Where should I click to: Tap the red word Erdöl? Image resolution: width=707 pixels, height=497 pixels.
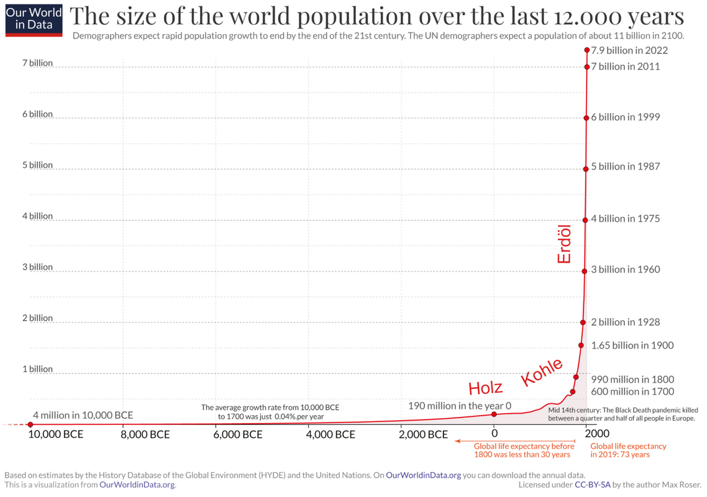pos(564,244)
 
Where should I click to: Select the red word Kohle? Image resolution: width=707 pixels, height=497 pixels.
pos(542,372)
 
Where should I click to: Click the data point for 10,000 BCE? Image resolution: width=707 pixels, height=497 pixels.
pos(30,424)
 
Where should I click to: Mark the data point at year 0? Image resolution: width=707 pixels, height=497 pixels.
pos(494,414)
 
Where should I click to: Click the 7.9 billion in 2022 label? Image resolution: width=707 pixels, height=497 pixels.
pos(629,50)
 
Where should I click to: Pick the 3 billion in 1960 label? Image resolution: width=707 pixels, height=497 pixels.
pos(625,270)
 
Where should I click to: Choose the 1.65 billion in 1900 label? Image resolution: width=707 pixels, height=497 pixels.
pos(632,345)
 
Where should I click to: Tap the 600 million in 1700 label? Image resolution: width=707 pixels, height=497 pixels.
pos(632,391)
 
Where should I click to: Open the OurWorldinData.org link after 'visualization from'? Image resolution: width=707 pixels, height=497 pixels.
pos(137,485)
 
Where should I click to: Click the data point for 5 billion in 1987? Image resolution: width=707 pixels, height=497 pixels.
pos(585,169)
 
